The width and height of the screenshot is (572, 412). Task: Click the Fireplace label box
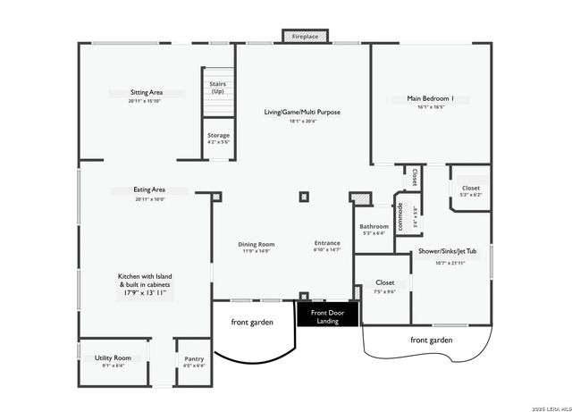tap(300, 37)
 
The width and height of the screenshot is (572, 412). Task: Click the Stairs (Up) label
tap(217, 88)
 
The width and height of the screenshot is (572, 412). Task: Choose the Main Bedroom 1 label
tap(430, 98)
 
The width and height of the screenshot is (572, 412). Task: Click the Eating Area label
tap(149, 190)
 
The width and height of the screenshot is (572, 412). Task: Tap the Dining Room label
tap(256, 244)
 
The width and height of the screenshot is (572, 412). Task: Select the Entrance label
tap(327, 243)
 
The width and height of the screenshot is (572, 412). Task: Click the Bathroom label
tap(374, 227)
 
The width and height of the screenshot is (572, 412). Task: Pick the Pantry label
tap(194, 357)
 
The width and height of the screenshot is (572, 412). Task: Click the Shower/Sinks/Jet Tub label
tap(447, 251)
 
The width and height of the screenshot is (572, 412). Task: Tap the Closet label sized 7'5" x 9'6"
tap(385, 282)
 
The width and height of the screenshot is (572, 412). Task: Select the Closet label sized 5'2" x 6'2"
tap(469, 189)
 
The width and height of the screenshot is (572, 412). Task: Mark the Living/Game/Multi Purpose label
tap(302, 112)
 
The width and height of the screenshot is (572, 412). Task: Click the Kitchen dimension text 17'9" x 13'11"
tap(143, 292)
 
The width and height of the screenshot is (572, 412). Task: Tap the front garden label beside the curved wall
tap(251, 323)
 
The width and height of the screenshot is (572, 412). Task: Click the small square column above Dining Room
tap(304, 197)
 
